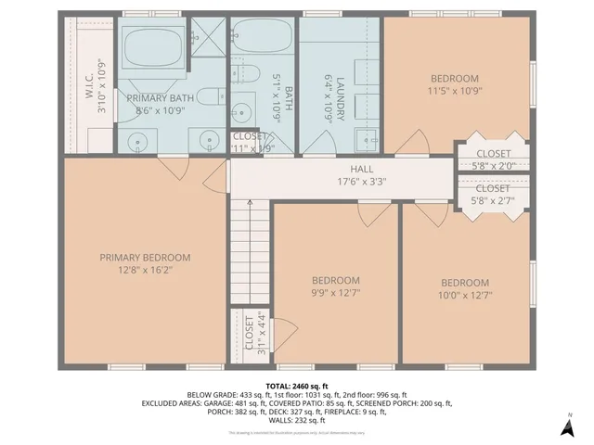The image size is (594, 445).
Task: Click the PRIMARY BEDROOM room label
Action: [x=145, y=258]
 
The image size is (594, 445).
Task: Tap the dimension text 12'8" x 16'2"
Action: [x=145, y=271]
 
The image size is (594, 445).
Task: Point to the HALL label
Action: [x=362, y=170]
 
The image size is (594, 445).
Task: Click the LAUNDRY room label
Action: [x=341, y=95]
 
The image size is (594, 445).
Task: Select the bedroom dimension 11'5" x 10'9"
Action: [x=454, y=91]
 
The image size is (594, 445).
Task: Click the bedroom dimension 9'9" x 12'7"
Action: [x=335, y=294]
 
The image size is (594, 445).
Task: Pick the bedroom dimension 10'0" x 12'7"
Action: [x=464, y=296]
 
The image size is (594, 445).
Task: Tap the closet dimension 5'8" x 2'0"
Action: [x=493, y=166]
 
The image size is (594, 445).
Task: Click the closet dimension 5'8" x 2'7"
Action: [x=493, y=199]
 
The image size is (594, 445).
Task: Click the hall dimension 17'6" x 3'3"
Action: [x=362, y=182]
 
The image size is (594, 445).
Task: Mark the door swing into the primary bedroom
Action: [x=172, y=170]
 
